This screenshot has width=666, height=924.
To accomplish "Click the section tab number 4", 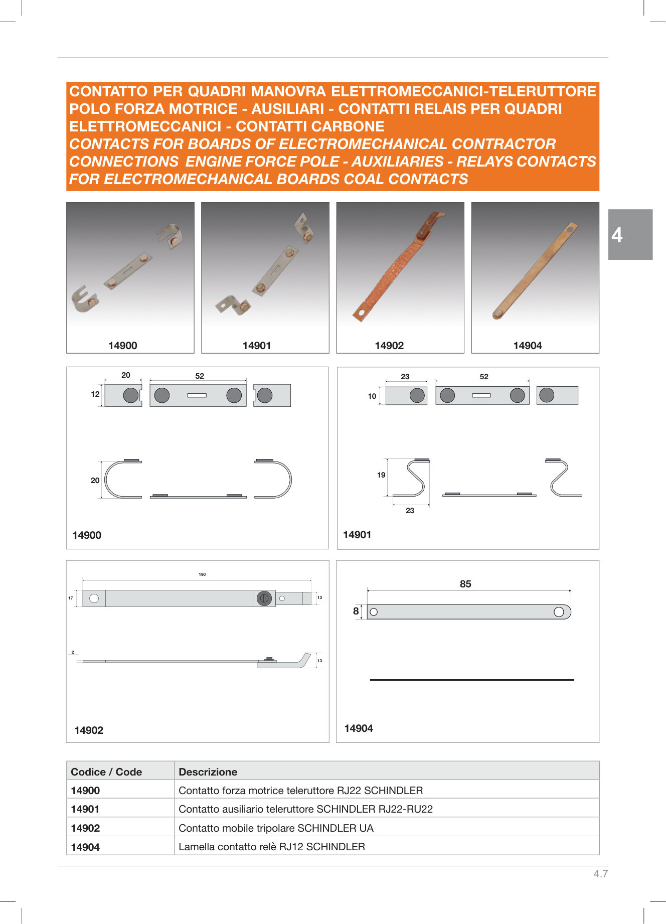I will tap(617, 235).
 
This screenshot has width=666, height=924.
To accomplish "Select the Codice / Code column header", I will tap(106, 772).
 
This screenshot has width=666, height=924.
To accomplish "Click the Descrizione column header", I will tap(208, 772).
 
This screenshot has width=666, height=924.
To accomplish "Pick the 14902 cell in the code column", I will tap(85, 828).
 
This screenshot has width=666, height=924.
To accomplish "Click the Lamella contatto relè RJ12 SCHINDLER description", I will tap(271, 847).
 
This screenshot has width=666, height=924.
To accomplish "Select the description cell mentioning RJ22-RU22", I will tap(305, 809).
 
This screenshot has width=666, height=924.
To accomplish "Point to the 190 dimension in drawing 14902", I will tap(202, 574).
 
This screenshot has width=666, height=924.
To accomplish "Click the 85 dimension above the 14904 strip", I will tap(465, 584).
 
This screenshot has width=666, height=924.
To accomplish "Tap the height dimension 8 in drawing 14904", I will tap(356, 611).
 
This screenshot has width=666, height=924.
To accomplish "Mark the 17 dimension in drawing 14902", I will tap(71, 598).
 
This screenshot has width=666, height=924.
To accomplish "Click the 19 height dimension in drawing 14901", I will tap(381, 475).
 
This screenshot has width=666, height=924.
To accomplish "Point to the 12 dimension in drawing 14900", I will tap(95, 394).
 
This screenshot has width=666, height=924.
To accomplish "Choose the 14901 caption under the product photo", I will tap(257, 346).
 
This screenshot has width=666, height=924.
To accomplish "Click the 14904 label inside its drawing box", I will tap(359, 728).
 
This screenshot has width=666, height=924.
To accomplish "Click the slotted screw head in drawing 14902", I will tap(264, 598).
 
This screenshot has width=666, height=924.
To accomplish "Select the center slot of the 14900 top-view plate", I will tap(197, 395).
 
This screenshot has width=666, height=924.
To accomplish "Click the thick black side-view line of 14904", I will tap(471, 680).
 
